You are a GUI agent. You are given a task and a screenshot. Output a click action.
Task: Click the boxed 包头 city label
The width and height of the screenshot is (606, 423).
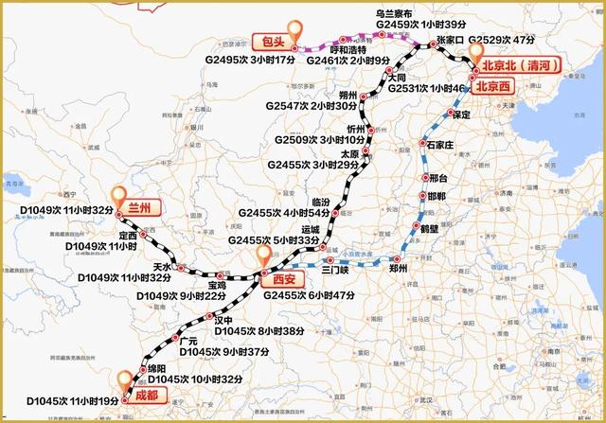click(275, 43)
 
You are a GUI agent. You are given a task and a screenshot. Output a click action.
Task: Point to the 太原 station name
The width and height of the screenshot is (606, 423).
click(349, 151)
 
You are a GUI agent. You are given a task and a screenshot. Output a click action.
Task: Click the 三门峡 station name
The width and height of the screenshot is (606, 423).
click(336, 270)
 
